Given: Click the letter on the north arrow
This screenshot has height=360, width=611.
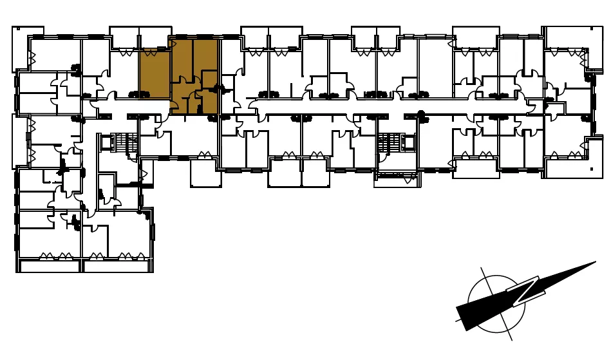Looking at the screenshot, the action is pyautogui.click(x=525, y=291).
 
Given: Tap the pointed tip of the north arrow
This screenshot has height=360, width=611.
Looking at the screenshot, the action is pyautogui.click(x=596, y=261).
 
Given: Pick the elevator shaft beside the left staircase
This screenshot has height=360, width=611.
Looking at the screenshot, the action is pyautogui.click(x=106, y=142).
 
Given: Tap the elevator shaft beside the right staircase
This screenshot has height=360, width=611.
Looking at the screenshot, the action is pyautogui.click(x=409, y=142).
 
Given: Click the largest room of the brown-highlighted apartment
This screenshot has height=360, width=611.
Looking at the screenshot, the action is pyautogui.click(x=155, y=73).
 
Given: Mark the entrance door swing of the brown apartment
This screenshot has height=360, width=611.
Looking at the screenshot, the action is pyautogui.click(x=174, y=105).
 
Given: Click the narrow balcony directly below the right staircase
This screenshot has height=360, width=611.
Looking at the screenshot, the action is pyautogui.click(x=397, y=179).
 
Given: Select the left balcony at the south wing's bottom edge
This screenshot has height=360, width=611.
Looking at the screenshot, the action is pyautogui.click(x=49, y=266).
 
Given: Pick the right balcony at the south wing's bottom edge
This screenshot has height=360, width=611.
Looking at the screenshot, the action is pyautogui.click(x=117, y=266).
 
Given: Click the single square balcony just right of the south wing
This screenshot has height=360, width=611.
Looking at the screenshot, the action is pyautogui.click(x=206, y=173).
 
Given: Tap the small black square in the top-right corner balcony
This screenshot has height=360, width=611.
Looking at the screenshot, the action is pyautogui.click(x=591, y=29).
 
